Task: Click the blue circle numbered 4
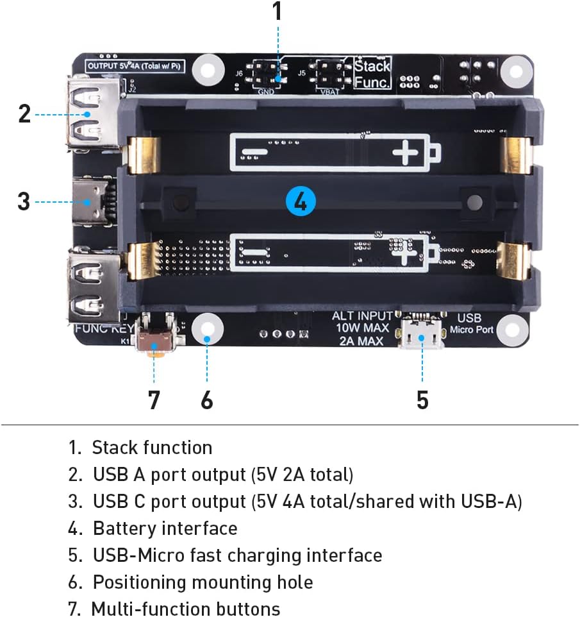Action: pyautogui.click(x=300, y=201)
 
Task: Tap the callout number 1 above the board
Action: pyautogui.click(x=277, y=12)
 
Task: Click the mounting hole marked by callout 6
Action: pyautogui.click(x=207, y=328)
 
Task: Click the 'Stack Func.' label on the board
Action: pyautogui.click(x=372, y=72)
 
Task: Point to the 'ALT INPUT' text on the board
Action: pyautogui.click(x=362, y=316)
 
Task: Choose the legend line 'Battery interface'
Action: pyautogui.click(x=165, y=528)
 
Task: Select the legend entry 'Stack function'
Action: pyautogui.click(x=151, y=448)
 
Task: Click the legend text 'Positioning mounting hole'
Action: pyautogui.click(x=203, y=582)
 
